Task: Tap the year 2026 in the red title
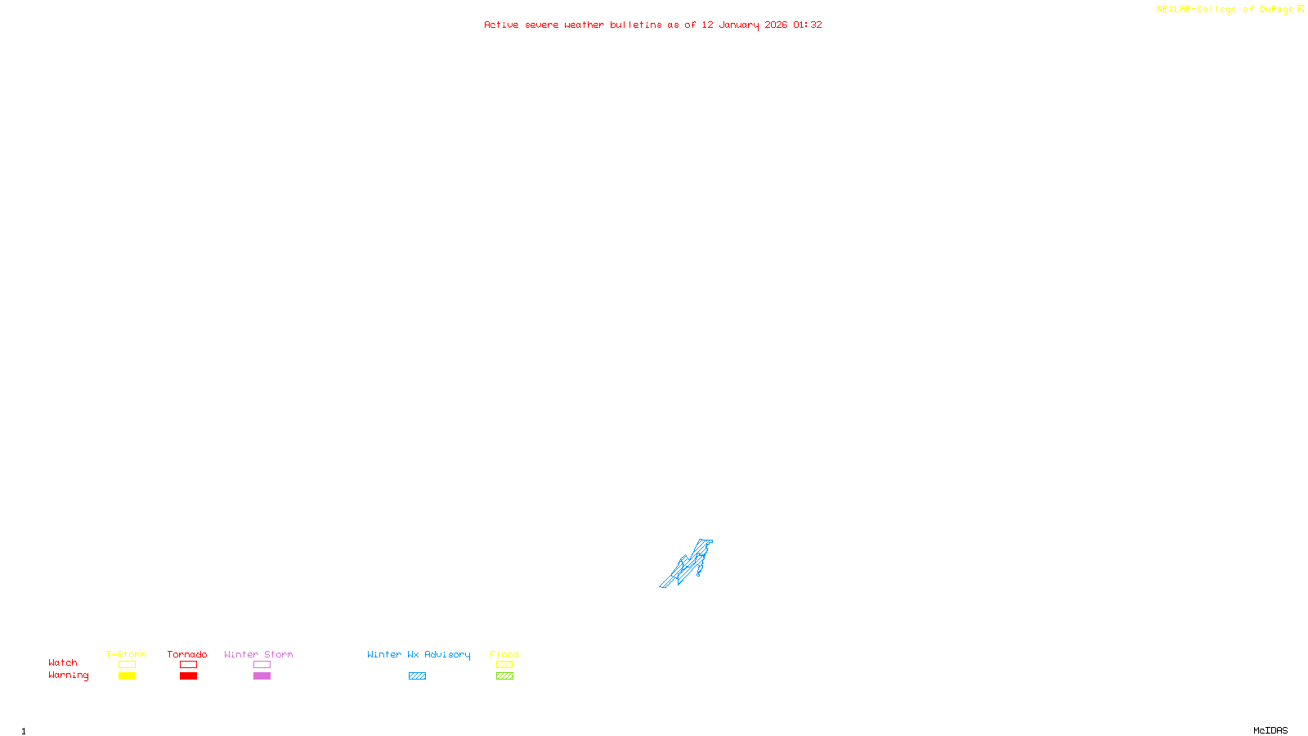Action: coord(776,25)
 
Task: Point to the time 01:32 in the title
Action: coord(808,25)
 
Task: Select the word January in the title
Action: coord(739,25)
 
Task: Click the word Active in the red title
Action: coord(501,25)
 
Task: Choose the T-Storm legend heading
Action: coord(126,654)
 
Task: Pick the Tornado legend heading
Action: coord(187,654)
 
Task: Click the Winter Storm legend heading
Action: coord(258,654)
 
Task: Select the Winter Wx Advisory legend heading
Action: coord(419,654)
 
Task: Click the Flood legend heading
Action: coord(504,654)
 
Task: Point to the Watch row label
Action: coord(63,662)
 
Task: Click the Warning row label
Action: coord(68,675)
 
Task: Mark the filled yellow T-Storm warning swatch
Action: coord(127,676)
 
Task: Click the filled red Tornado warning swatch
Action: coord(188,676)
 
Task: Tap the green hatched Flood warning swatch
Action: coord(504,676)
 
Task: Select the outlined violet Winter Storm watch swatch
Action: coord(262,665)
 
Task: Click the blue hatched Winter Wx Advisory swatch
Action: coord(417,676)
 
